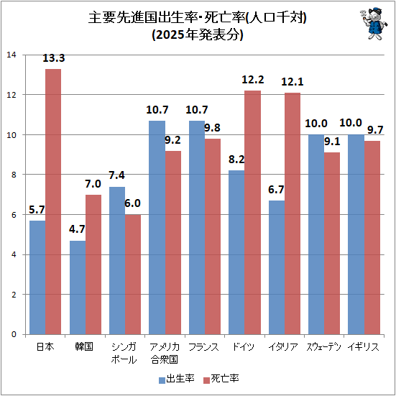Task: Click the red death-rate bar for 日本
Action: pos(53,201)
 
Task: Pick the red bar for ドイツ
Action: pos(252,212)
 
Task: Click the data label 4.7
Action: pos(78,230)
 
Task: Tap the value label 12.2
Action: pos(252,80)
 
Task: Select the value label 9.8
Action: pos(214,128)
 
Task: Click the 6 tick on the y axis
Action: pos(13,214)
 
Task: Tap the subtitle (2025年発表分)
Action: pos(198,37)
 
